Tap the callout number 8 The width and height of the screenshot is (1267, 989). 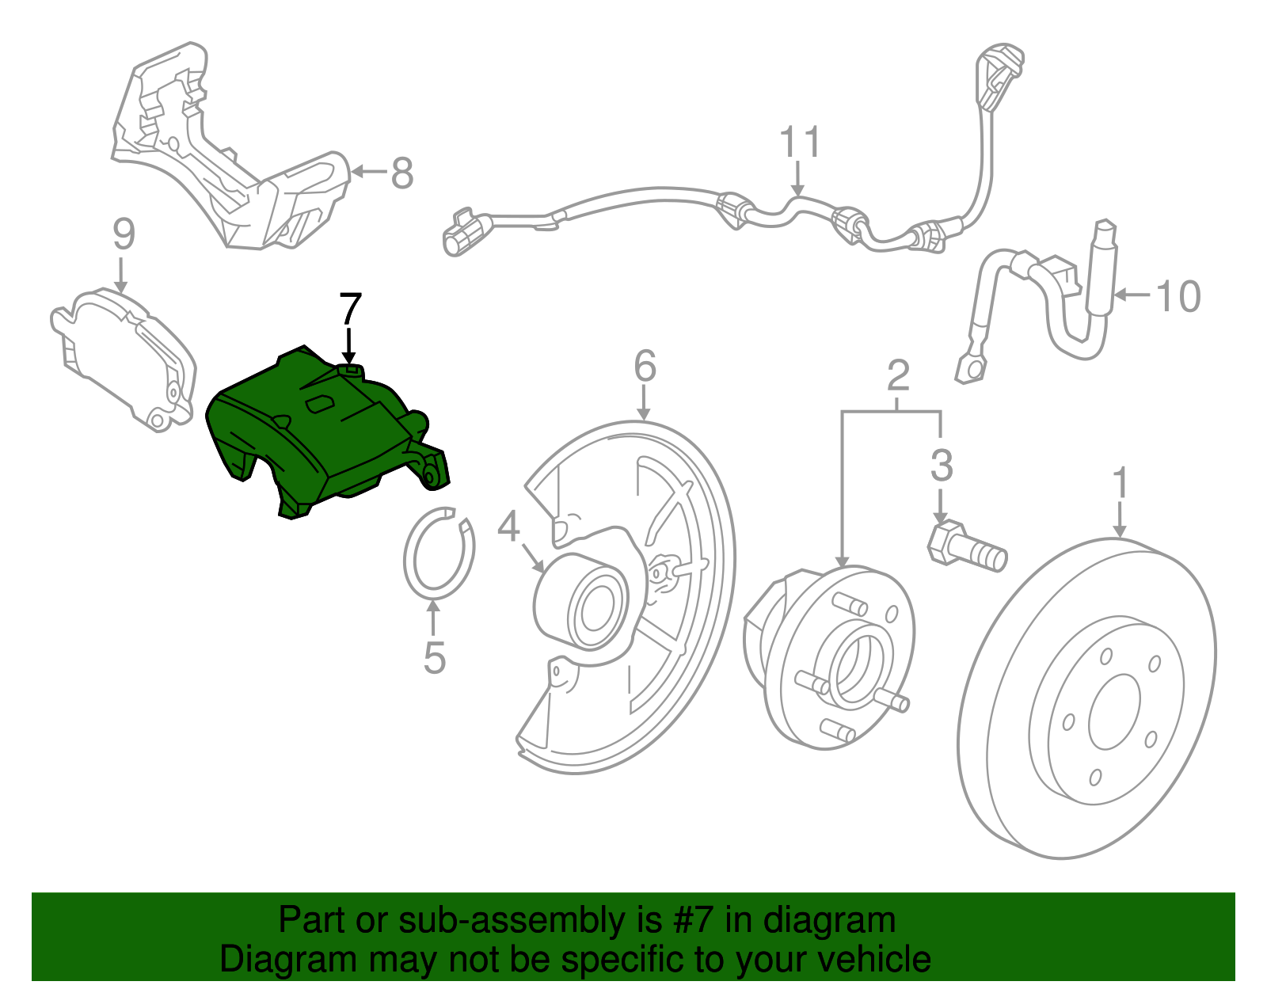click(x=402, y=173)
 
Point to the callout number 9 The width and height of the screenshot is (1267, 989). click(x=124, y=234)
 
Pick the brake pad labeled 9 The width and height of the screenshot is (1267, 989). click(x=127, y=356)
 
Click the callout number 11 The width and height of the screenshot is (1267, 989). click(x=801, y=143)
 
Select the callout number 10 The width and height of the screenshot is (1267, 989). click(x=1179, y=296)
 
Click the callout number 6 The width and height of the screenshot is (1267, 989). click(x=645, y=366)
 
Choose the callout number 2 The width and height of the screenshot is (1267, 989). click(x=898, y=375)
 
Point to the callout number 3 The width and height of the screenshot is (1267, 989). click(x=942, y=466)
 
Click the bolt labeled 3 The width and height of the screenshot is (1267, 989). click(x=966, y=546)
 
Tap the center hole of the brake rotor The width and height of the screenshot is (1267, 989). click(x=1114, y=712)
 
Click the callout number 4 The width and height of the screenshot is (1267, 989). click(x=508, y=526)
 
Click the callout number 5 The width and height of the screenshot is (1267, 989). click(x=435, y=657)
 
